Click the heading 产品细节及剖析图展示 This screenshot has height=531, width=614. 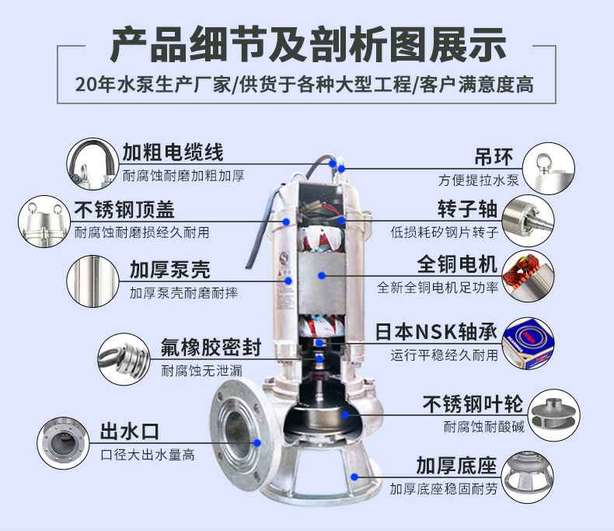coord(307,44)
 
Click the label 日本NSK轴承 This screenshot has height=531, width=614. coord(436,330)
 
